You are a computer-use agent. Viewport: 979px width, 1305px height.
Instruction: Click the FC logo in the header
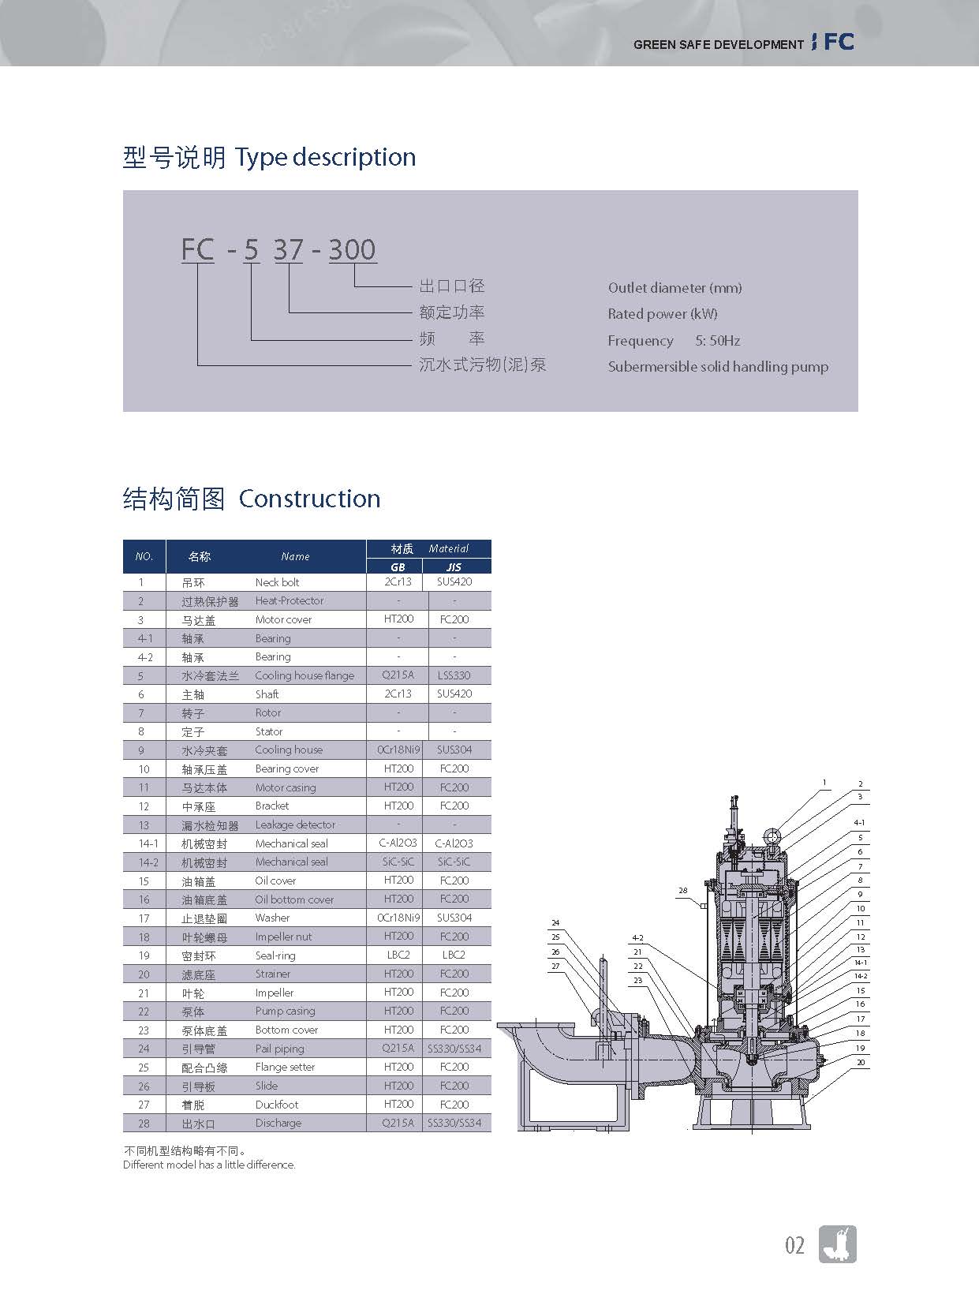pyautogui.click(x=839, y=43)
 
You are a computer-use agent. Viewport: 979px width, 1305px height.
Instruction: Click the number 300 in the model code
pyautogui.click(x=352, y=250)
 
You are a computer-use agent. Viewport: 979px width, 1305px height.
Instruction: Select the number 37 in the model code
pyautogui.click(x=288, y=250)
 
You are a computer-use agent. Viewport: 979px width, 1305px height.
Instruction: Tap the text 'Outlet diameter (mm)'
pyautogui.click(x=674, y=288)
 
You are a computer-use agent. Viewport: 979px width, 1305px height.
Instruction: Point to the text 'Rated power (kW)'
pyautogui.click(x=663, y=314)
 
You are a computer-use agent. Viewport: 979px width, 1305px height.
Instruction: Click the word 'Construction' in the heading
pyautogui.click(x=309, y=499)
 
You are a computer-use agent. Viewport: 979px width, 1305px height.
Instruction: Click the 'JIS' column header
pyautogui.click(x=454, y=566)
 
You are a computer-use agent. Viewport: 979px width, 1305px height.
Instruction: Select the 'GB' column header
pyautogui.click(x=398, y=566)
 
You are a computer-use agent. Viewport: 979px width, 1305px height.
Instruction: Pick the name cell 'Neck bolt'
pyautogui.click(x=277, y=582)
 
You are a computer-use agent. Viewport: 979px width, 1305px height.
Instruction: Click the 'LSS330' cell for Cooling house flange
pyautogui.click(x=454, y=675)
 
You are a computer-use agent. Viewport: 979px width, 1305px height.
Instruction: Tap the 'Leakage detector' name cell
pyautogui.click(x=295, y=825)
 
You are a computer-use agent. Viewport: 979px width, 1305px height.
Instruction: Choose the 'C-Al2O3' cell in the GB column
pyautogui.click(x=398, y=843)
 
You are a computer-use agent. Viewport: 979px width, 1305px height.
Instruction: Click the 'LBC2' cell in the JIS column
pyautogui.click(x=454, y=955)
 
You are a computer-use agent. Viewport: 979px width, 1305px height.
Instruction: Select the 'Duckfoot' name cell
pyautogui.click(x=277, y=1105)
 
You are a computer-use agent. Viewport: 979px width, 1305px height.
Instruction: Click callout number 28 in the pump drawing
pyautogui.click(x=683, y=891)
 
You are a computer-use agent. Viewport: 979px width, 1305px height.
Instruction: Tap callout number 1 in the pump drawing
pyautogui.click(x=824, y=783)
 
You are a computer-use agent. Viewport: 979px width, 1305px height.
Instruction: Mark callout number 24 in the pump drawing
pyautogui.click(x=555, y=922)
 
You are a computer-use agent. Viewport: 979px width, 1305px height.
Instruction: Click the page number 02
pyautogui.click(x=794, y=1246)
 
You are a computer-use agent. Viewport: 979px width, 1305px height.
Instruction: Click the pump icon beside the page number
pyautogui.click(x=838, y=1244)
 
